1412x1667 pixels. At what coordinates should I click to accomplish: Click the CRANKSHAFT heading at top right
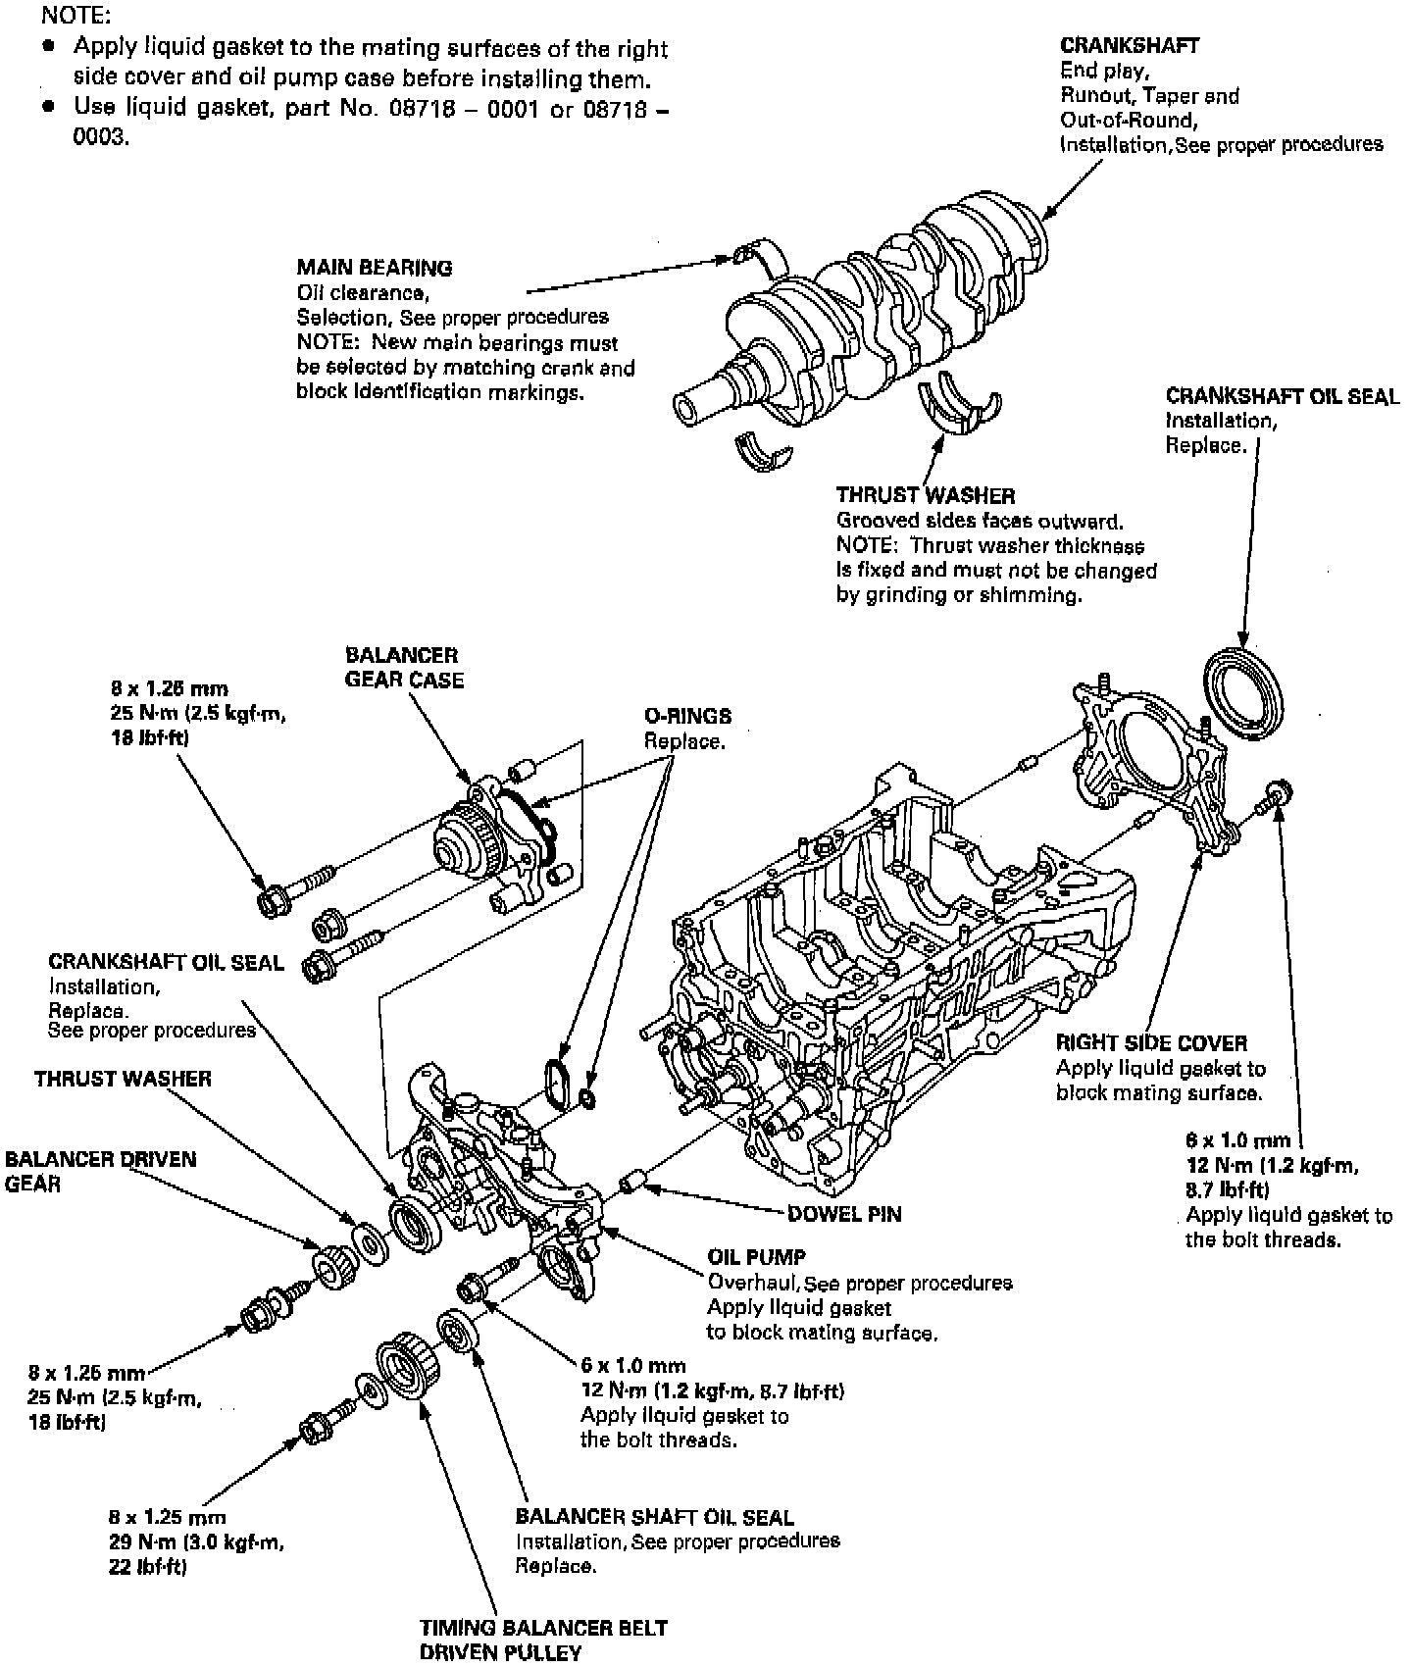tap(1130, 45)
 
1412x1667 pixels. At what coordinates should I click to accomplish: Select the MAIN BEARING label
tap(374, 267)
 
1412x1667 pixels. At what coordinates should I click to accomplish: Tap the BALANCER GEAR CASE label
tap(403, 667)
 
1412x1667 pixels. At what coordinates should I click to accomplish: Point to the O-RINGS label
tap(687, 716)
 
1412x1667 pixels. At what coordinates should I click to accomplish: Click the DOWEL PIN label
tap(844, 1214)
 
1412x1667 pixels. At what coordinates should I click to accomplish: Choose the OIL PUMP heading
tap(756, 1257)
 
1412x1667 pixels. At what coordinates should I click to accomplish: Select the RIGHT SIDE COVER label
tap(1151, 1042)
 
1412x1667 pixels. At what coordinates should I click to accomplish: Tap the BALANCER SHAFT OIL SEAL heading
tap(654, 1517)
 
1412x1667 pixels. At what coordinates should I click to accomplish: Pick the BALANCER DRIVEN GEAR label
tap(100, 1171)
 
